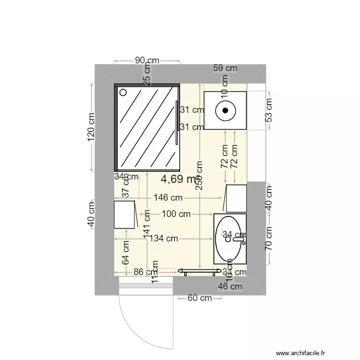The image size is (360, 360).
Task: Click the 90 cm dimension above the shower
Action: point(146,60)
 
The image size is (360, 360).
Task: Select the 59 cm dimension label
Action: point(225,69)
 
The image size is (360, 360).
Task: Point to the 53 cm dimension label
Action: point(269,110)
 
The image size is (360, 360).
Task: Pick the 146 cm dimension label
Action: point(168,197)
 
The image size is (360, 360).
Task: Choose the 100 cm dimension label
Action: point(176,214)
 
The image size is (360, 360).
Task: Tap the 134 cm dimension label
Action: point(164,238)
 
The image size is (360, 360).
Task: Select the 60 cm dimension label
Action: point(199,298)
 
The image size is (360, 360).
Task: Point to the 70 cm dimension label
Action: point(269,239)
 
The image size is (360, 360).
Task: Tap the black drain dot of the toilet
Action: point(225,111)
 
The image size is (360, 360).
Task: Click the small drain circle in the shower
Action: point(122,92)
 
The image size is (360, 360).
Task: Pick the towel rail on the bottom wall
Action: point(197,271)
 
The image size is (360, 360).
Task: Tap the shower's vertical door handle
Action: point(177,122)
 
